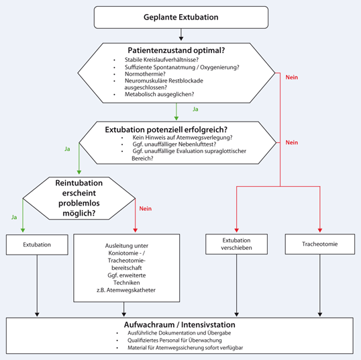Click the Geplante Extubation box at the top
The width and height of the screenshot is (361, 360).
[180, 17]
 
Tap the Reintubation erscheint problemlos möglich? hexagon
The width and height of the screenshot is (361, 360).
[79, 197]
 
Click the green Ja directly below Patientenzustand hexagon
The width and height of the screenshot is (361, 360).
[195, 108]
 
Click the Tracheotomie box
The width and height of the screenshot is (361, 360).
[319, 244]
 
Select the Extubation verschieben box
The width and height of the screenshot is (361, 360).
[236, 244]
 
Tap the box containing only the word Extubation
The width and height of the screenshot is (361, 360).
[36, 244]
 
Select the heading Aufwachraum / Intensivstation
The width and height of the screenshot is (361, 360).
[180, 325]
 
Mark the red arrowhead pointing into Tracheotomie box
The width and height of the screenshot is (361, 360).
[319, 230]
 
